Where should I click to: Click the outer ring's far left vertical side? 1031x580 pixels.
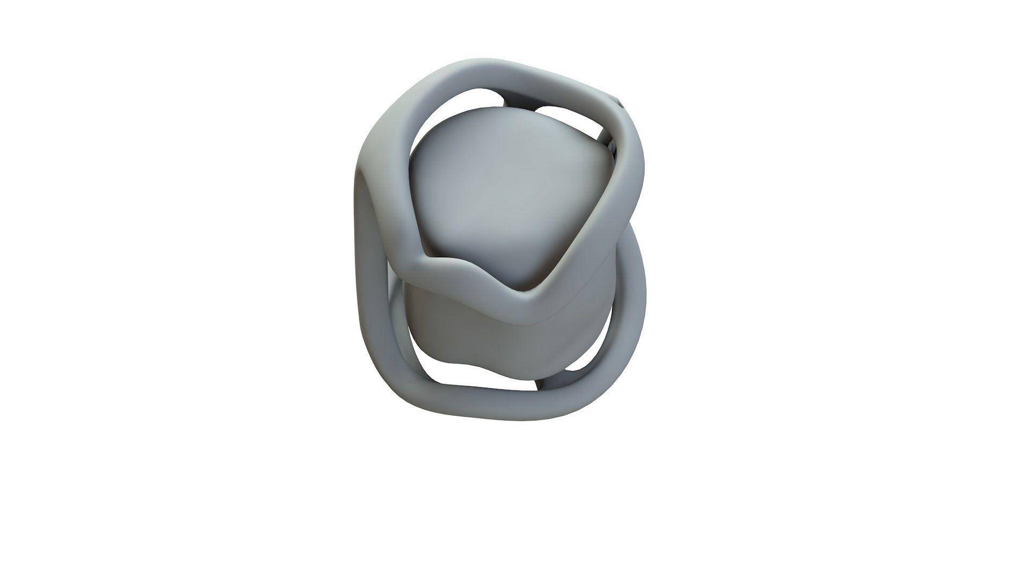(367, 269)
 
